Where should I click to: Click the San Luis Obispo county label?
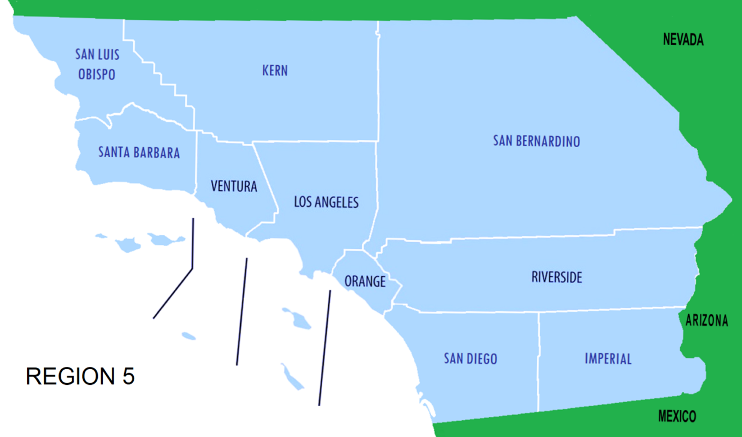pos(97,64)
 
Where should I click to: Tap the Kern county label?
pos(275,70)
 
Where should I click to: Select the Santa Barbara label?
pos(139,152)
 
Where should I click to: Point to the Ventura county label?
pos(234,186)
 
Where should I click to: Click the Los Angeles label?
pos(326,202)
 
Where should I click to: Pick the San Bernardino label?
pos(536,140)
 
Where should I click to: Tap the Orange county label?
pos(365,281)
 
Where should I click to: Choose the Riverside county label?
pos(556,277)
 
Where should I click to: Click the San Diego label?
pos(470,358)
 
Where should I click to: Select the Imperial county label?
pos(608,358)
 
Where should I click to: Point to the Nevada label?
pos(683,40)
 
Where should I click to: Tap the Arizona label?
pos(707,321)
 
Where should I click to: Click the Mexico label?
pos(677,416)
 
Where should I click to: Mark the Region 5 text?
pos(80,376)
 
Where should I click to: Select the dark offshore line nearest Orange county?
pos(325,348)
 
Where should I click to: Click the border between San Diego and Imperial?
pos(539,359)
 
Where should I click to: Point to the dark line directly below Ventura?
pos(242,312)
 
